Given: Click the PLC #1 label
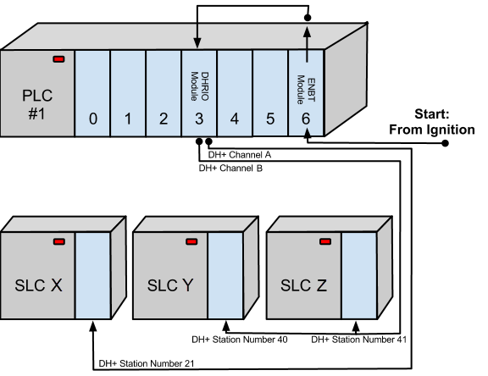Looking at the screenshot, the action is click(x=37, y=104).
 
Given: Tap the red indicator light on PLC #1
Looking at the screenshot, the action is click(x=58, y=59).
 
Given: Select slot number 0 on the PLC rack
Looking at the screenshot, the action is click(x=92, y=119).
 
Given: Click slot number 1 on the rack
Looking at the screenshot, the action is click(x=128, y=119).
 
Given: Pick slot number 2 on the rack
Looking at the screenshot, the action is click(x=164, y=119).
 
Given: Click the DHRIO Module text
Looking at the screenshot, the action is click(x=199, y=86).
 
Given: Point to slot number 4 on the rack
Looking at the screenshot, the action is click(x=235, y=119).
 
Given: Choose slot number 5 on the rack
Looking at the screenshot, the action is click(x=270, y=119).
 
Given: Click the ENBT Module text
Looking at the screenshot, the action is click(x=306, y=90).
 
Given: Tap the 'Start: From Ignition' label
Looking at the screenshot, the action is click(x=432, y=122).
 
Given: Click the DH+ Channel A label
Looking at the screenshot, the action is click(x=239, y=155).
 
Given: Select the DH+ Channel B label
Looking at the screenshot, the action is click(x=230, y=169).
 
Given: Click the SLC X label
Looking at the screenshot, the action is click(x=38, y=285).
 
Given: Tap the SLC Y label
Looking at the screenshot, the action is click(x=170, y=285).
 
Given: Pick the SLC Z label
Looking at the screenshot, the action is click(x=303, y=285).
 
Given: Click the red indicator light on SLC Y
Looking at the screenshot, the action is click(x=191, y=241).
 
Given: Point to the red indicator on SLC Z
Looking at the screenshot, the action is click(x=325, y=241).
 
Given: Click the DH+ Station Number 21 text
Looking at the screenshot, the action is click(x=147, y=363).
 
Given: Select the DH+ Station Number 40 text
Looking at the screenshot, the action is click(x=239, y=340).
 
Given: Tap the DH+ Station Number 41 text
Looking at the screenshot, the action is click(x=359, y=340).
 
